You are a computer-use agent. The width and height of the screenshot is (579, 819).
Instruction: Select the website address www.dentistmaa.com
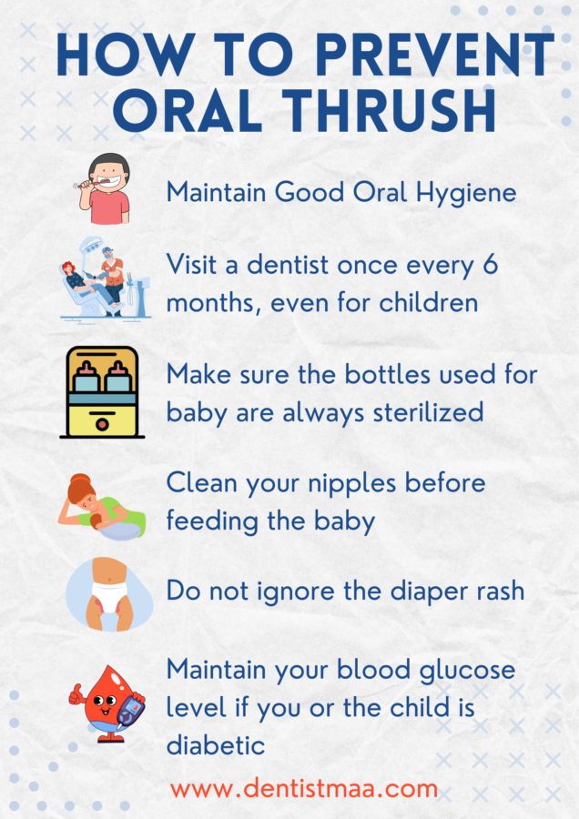coord(304,787)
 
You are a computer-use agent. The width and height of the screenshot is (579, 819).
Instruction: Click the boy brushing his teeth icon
coord(103,188)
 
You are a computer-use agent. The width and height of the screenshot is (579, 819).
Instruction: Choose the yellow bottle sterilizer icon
coord(101,392)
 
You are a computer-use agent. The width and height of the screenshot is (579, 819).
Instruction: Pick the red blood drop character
coord(101,703)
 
